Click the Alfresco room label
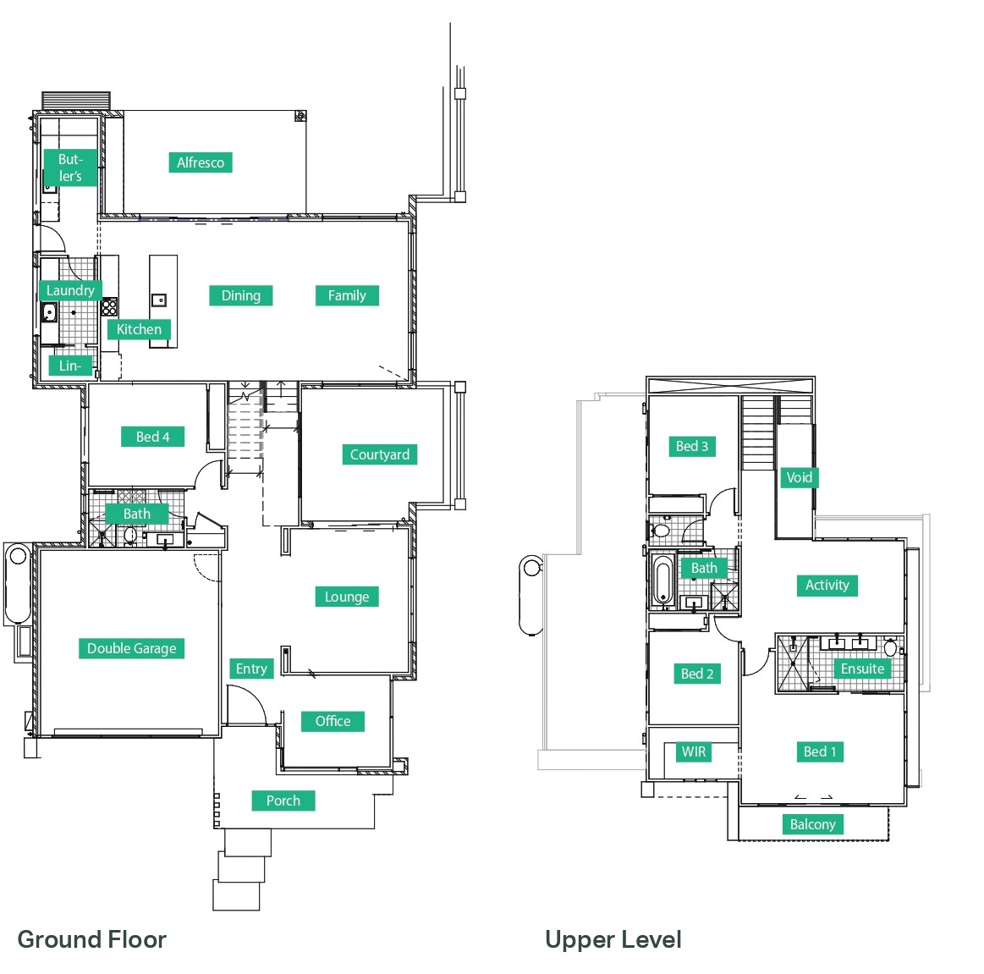[201, 162]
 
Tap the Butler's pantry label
[70, 168]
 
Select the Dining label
[241, 295]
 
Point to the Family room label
[347, 295]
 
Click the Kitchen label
[139, 329]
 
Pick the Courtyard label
[380, 454]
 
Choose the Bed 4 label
[152, 437]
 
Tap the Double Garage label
[132, 648]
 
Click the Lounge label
[347, 597]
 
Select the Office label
[333, 721]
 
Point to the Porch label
[283, 801]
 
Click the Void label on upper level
[800, 477]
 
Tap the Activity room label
[827, 585]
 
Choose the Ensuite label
[862, 669]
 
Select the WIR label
[694, 751]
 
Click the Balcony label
[813, 824]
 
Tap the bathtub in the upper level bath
[662, 581]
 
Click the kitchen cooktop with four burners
[109, 307]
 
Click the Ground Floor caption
[91, 939]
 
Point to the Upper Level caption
[613, 940]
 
